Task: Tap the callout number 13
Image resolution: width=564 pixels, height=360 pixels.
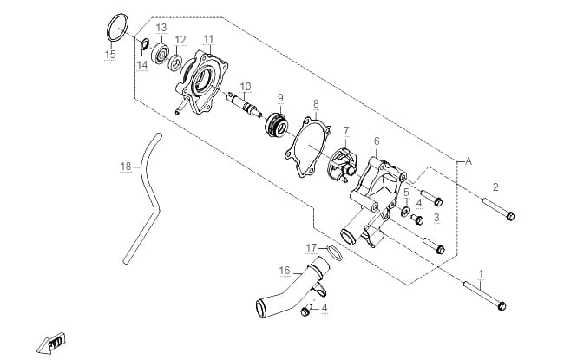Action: pyautogui.click(x=161, y=28)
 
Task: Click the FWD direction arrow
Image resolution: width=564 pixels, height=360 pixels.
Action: pyautogui.click(x=51, y=343)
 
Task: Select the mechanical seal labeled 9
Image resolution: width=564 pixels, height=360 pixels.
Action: pyautogui.click(x=277, y=125)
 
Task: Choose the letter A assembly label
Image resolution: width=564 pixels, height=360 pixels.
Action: pyautogui.click(x=469, y=161)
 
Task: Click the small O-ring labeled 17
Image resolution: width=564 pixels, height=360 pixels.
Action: pyautogui.click(x=335, y=252)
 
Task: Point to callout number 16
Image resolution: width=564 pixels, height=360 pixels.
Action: pyautogui.click(x=284, y=270)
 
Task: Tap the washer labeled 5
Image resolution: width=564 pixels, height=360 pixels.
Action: pyautogui.click(x=406, y=212)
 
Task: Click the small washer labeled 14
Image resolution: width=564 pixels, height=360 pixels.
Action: pyautogui.click(x=146, y=44)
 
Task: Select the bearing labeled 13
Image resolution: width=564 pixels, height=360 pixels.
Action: pyautogui.click(x=161, y=54)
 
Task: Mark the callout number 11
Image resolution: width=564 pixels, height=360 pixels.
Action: pyautogui.click(x=208, y=39)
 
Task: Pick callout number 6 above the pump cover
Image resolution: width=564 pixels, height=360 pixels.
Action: pyautogui.click(x=377, y=141)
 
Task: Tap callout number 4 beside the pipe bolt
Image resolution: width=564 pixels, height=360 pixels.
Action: pyautogui.click(x=325, y=308)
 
